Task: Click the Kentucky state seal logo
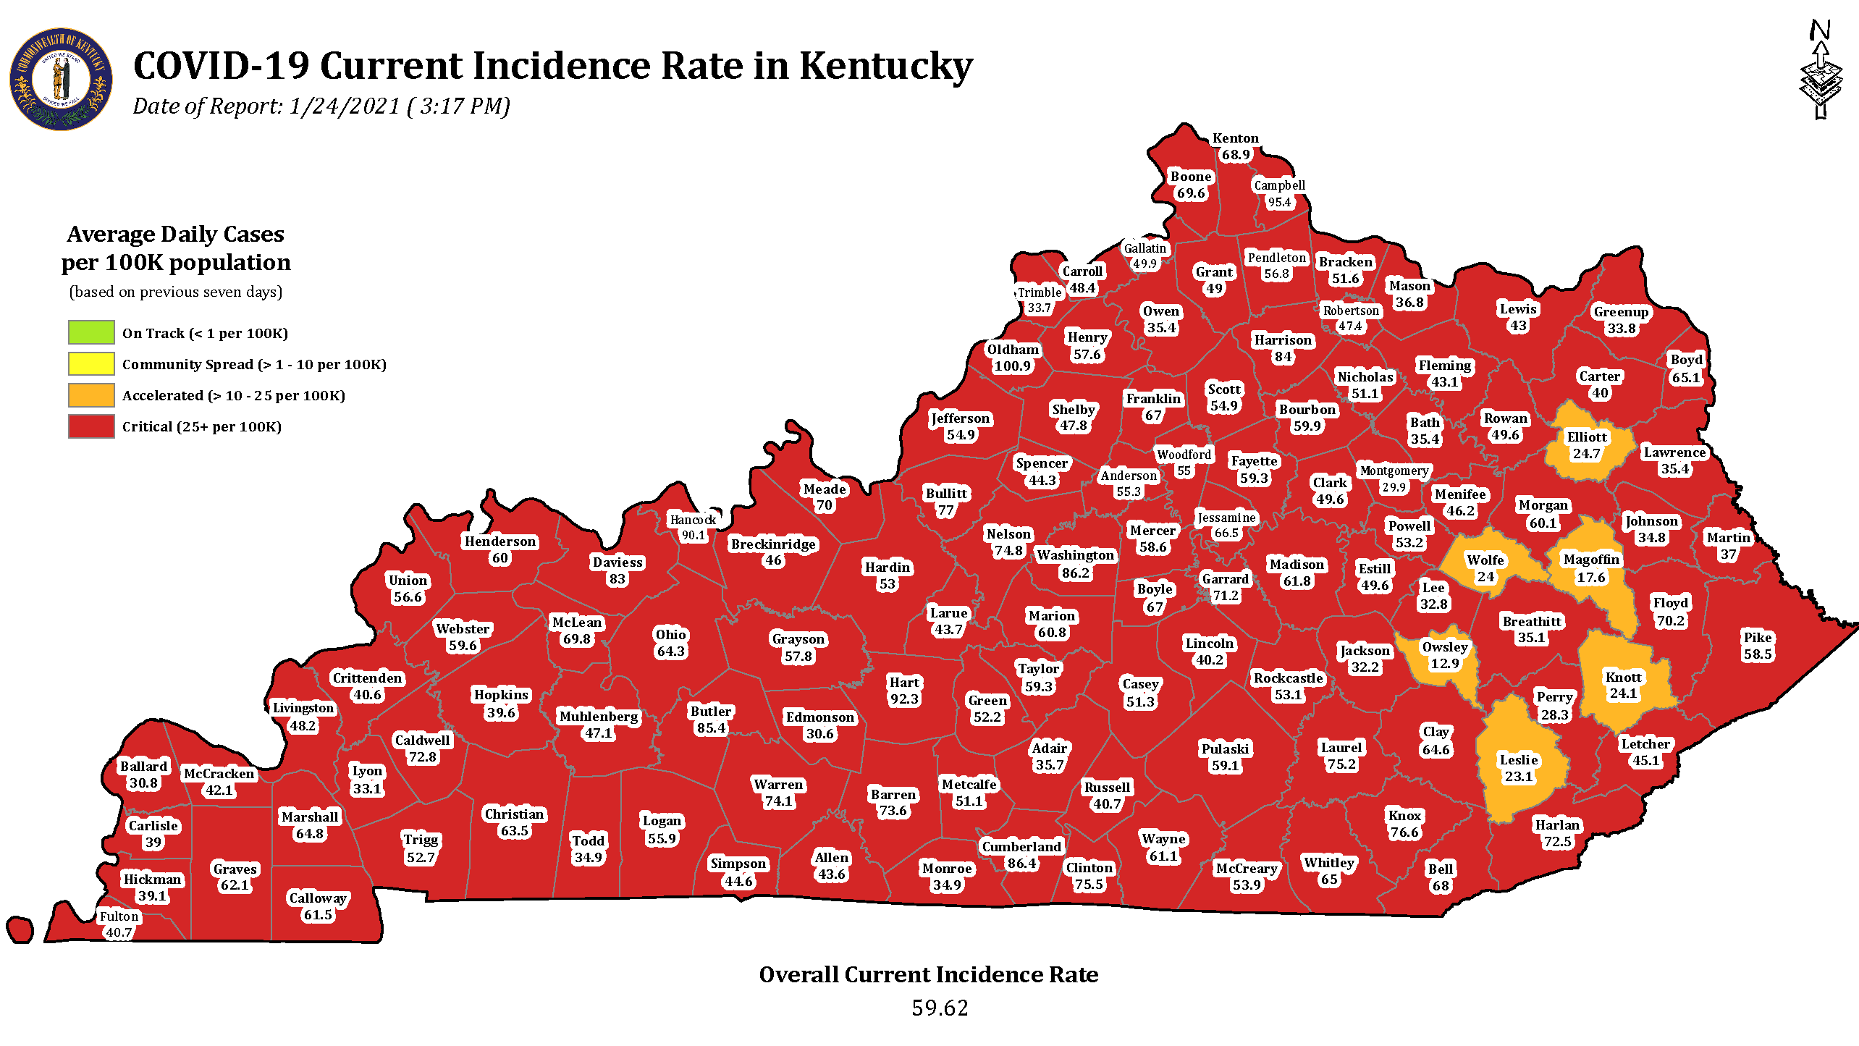point(61,79)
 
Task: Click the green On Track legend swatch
point(91,332)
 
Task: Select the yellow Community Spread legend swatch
point(91,363)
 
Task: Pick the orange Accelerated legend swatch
point(91,395)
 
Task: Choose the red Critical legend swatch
point(91,426)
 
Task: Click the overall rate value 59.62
point(939,1008)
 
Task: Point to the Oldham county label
point(1013,350)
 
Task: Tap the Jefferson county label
point(961,418)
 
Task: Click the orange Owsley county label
point(1445,647)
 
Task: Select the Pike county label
point(1758,638)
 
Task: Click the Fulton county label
point(119,916)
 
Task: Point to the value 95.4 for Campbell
point(1279,203)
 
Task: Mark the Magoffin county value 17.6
point(1591,578)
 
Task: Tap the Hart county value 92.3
point(904,699)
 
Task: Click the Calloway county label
point(318,898)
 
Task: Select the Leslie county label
point(1519,760)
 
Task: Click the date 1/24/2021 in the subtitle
point(345,106)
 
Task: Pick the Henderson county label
point(500,541)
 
